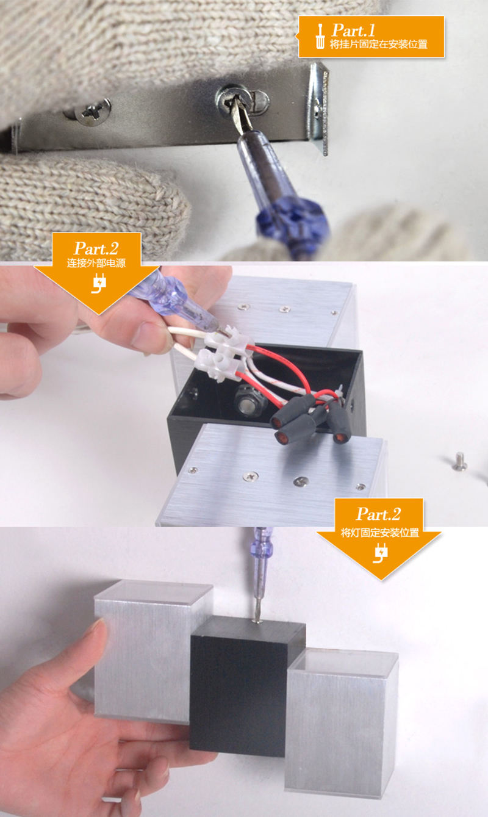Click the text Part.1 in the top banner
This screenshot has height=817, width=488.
[x=353, y=30]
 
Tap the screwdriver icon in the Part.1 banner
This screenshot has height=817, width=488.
[x=320, y=36]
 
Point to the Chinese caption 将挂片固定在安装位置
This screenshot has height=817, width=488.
[x=378, y=44]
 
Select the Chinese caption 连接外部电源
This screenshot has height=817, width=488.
[x=96, y=262]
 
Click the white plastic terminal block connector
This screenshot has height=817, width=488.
[x=223, y=353]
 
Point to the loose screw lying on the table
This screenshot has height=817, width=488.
[x=459, y=461]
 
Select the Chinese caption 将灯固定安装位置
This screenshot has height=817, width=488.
[x=379, y=533]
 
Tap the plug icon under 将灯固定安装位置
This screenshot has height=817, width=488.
[x=380, y=553]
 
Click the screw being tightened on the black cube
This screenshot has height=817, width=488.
[x=258, y=621]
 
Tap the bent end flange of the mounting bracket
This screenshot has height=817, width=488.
[x=318, y=107]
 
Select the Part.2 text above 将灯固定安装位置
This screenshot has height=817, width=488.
[x=379, y=514]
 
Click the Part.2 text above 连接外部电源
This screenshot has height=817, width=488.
[x=96, y=249]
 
